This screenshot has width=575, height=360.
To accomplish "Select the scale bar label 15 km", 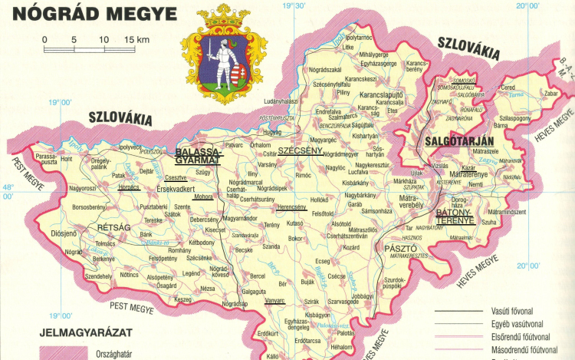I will (134, 38).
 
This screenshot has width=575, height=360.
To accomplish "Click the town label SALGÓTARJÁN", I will (451, 140).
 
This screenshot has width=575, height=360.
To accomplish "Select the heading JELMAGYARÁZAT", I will (87, 332).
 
